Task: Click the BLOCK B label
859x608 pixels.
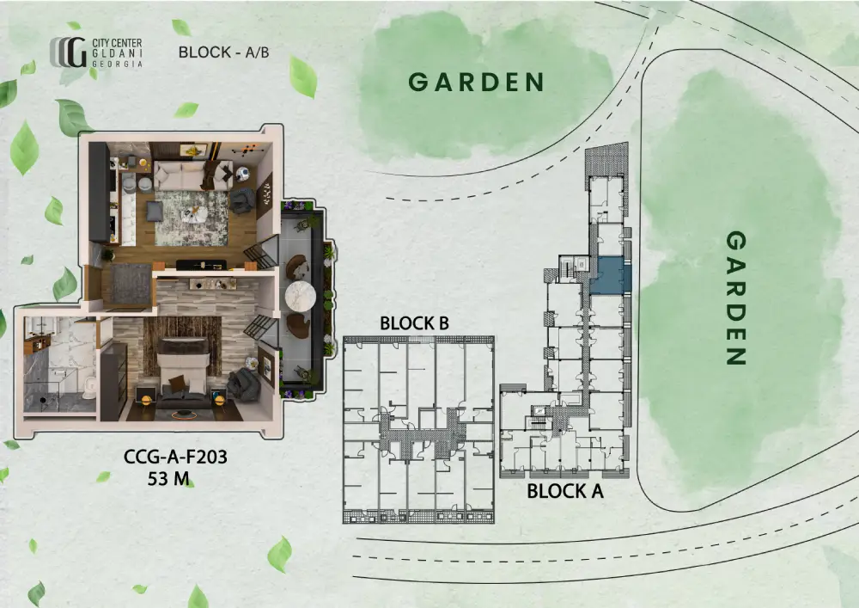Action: coord(414,323)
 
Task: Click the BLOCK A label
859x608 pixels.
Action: coord(565,491)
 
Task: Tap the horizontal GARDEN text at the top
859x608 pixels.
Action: coord(476,83)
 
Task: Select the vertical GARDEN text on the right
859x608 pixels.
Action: coord(736,298)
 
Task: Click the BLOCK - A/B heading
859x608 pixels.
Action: coord(223,52)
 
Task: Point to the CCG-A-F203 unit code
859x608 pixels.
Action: coord(175,457)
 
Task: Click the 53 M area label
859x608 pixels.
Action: coord(168,479)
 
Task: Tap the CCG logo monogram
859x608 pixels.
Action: coord(69,52)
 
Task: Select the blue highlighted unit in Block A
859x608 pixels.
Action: coord(609,275)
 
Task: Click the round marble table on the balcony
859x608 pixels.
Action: coord(300,296)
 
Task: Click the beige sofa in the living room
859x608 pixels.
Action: coord(192,175)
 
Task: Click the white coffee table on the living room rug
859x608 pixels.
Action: coord(192,214)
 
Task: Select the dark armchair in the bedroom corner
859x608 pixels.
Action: coord(243,384)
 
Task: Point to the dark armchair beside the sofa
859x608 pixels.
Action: coord(241,201)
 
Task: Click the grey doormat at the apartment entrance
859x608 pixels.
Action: coord(131,284)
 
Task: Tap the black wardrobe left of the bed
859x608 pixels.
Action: coord(114,382)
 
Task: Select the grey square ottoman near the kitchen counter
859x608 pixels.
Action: coord(155,211)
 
